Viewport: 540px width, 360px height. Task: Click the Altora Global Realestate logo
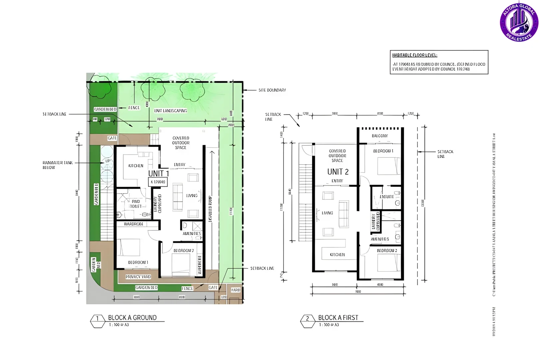click(519, 22)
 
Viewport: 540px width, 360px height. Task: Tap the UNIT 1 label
click(159, 174)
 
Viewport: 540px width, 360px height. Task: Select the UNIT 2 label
click(338, 172)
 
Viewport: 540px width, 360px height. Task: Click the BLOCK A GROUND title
click(132, 318)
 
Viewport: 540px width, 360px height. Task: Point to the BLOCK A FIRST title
click(338, 318)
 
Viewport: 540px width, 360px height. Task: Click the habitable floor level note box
click(439, 62)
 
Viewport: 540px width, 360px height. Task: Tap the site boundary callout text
click(272, 90)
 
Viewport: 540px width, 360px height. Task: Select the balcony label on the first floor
click(380, 136)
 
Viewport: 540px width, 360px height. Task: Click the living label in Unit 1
click(192, 196)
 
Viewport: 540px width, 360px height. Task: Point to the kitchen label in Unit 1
click(136, 166)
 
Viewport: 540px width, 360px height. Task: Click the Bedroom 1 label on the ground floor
click(138, 262)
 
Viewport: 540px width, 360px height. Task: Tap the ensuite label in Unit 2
click(386, 197)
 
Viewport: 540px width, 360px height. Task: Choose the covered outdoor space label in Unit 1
click(181, 143)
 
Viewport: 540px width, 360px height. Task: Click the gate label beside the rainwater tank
click(112, 138)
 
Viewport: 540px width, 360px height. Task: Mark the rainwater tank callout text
click(57, 165)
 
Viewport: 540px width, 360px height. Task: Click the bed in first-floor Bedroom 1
click(388, 166)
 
